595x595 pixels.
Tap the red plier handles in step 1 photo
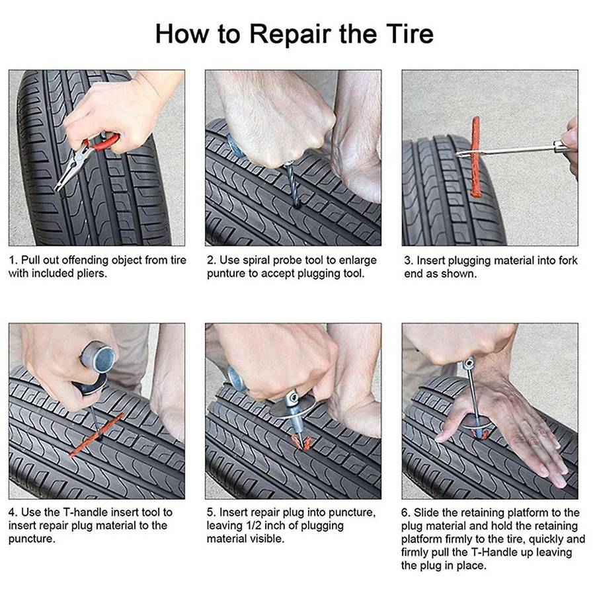(x=106, y=141)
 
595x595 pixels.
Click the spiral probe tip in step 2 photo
(x=294, y=192)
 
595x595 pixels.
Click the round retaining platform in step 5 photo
(x=291, y=410)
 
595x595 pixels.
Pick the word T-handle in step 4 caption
(x=85, y=512)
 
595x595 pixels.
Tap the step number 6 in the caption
(x=405, y=512)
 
